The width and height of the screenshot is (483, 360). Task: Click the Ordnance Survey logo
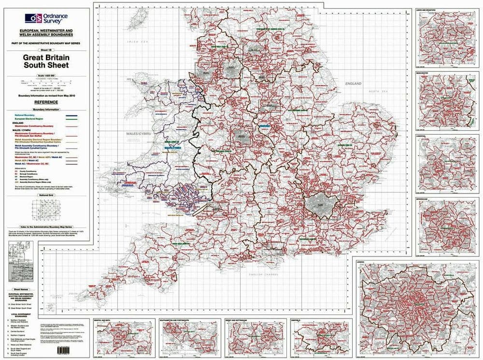[46, 18]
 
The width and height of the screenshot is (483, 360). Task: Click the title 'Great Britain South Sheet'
[46, 61]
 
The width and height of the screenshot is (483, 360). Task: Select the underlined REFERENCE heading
[46, 102]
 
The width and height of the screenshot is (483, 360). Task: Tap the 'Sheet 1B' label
[46, 50]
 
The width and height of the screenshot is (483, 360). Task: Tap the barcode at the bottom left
[64, 349]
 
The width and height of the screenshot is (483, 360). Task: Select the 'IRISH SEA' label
[138, 42]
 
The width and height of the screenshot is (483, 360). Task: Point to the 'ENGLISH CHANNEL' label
[261, 274]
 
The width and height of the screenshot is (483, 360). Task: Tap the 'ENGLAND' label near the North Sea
[353, 84]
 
